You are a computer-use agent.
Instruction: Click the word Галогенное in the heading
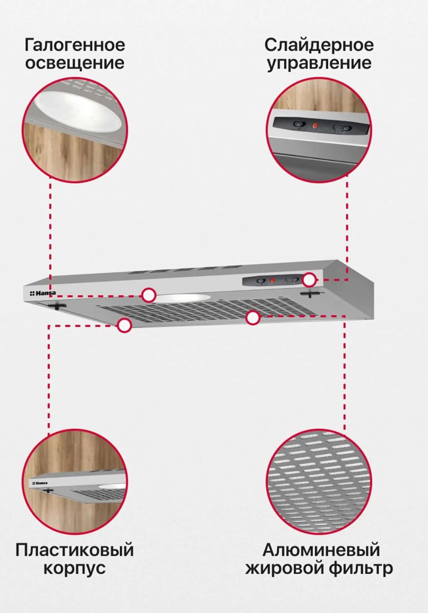[x=75, y=45]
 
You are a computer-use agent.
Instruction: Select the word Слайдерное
[x=319, y=45]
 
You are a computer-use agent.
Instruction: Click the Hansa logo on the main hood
[x=42, y=293]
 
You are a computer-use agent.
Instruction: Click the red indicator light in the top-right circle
[x=315, y=126]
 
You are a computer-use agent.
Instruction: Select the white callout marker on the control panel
[x=310, y=280]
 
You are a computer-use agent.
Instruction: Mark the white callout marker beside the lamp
[x=149, y=295]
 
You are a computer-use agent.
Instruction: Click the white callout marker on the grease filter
[x=253, y=318]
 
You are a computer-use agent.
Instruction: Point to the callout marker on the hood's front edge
[x=124, y=325]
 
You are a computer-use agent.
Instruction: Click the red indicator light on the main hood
[x=273, y=280]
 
